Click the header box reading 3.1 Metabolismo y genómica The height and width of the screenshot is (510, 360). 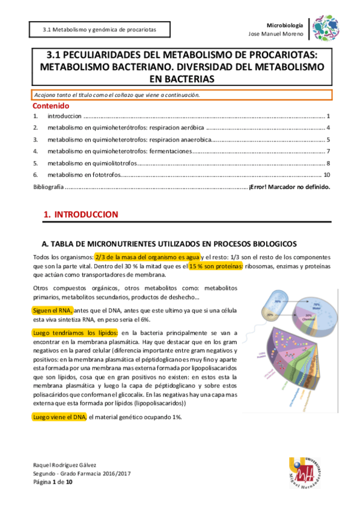point(100,29)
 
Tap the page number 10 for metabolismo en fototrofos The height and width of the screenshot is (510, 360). point(326,175)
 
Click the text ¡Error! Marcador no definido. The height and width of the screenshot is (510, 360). point(289,187)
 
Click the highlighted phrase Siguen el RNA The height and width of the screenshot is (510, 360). point(53,310)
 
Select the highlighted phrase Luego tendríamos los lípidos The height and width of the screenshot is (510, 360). point(76,333)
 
